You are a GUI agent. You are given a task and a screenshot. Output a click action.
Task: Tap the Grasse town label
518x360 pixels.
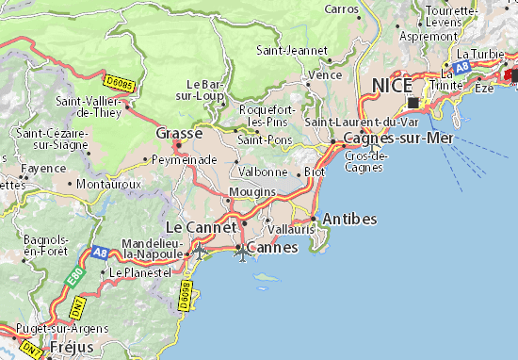178,133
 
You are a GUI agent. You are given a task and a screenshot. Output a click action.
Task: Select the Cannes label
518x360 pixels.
271,248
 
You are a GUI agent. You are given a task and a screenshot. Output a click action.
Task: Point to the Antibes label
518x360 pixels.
349,219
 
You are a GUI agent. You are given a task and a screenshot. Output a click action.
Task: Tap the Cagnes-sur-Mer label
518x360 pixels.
399,138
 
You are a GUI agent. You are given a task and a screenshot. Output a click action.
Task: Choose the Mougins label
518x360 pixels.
252,191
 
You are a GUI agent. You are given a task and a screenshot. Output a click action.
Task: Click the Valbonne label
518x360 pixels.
264,172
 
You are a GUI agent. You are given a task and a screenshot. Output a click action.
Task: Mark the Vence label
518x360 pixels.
325,74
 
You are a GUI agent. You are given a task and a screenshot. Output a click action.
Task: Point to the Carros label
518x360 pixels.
341,8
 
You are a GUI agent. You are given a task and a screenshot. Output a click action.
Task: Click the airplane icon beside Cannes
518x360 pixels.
244,252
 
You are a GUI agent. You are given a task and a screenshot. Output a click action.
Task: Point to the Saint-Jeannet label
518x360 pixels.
292,50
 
